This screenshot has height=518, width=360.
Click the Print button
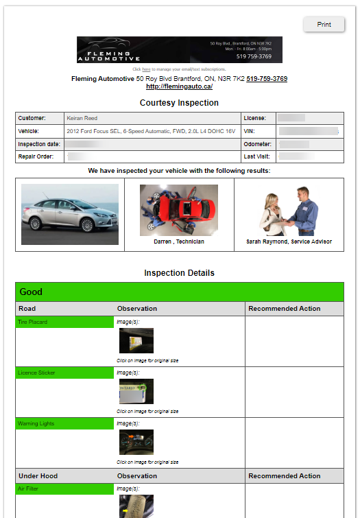point(324,25)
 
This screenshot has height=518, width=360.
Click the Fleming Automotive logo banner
point(179,50)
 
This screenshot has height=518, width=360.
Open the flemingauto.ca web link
point(179,87)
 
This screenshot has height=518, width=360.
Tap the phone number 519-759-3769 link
point(267,79)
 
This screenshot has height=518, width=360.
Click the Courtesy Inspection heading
point(179,103)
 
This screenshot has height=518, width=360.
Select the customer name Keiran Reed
point(82,118)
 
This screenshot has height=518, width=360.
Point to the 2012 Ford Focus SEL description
point(150,131)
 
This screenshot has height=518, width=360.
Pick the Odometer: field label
point(257,144)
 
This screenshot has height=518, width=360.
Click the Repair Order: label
point(38,157)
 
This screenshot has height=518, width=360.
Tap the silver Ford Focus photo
point(69,214)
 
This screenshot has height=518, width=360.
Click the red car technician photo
point(179,210)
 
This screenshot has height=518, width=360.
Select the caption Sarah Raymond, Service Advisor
point(289,242)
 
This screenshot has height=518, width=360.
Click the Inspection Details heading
point(179,273)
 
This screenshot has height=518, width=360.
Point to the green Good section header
point(179,292)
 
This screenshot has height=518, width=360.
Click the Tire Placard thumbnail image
point(136,340)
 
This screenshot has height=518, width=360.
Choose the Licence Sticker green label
point(64,373)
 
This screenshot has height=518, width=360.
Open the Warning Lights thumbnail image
point(136,442)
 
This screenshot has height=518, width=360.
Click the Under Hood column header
point(38,475)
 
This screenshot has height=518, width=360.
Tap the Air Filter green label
point(64,488)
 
